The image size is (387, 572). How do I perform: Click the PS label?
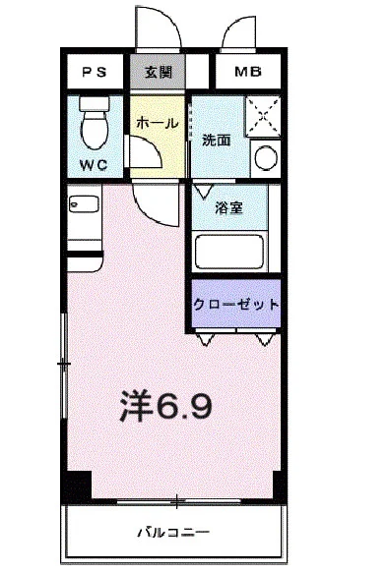(x=96, y=72)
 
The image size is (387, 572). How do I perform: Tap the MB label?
(x=247, y=72)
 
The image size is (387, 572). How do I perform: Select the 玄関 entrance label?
(x=159, y=72)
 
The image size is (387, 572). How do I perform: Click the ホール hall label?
(x=156, y=125)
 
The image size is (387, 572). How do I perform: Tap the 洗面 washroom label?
(x=217, y=140)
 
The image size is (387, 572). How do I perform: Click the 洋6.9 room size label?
(x=167, y=404)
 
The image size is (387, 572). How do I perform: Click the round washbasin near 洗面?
(x=265, y=156)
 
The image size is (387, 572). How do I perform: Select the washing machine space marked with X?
(x=264, y=117)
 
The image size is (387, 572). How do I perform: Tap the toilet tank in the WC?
(x=95, y=101)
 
